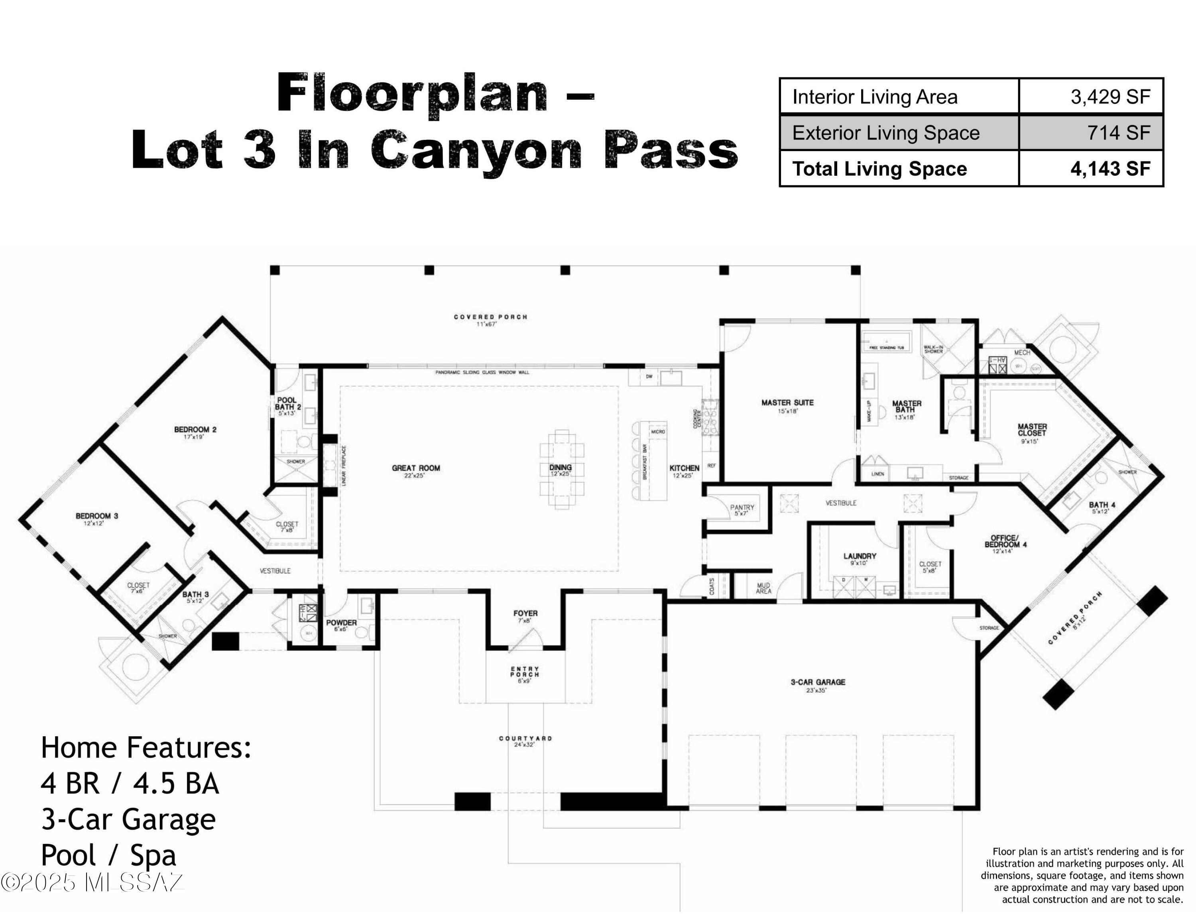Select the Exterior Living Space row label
click(885, 133)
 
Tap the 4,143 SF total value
click(1109, 169)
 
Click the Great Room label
click(416, 468)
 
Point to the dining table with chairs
click(562, 470)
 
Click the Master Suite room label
click(787, 403)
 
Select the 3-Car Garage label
click(818, 682)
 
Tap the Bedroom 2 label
click(195, 430)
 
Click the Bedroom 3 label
click(97, 516)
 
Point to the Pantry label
click(742, 507)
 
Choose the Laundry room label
click(859, 556)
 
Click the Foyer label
click(525, 613)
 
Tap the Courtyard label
click(525, 738)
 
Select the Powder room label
click(341, 623)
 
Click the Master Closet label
click(1032, 430)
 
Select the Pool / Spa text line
click(108, 855)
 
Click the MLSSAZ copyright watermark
click(92, 883)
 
